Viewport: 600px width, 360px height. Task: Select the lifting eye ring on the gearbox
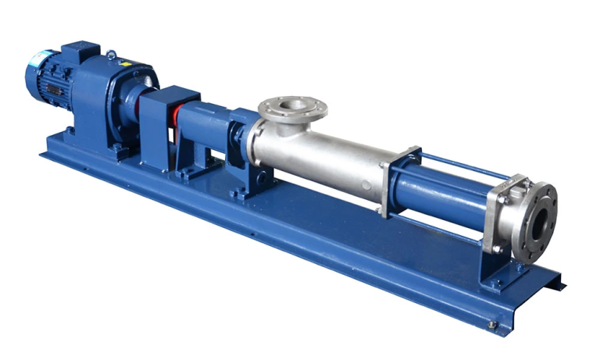coord(112,55)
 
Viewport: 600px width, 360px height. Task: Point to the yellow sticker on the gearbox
coord(140,67)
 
